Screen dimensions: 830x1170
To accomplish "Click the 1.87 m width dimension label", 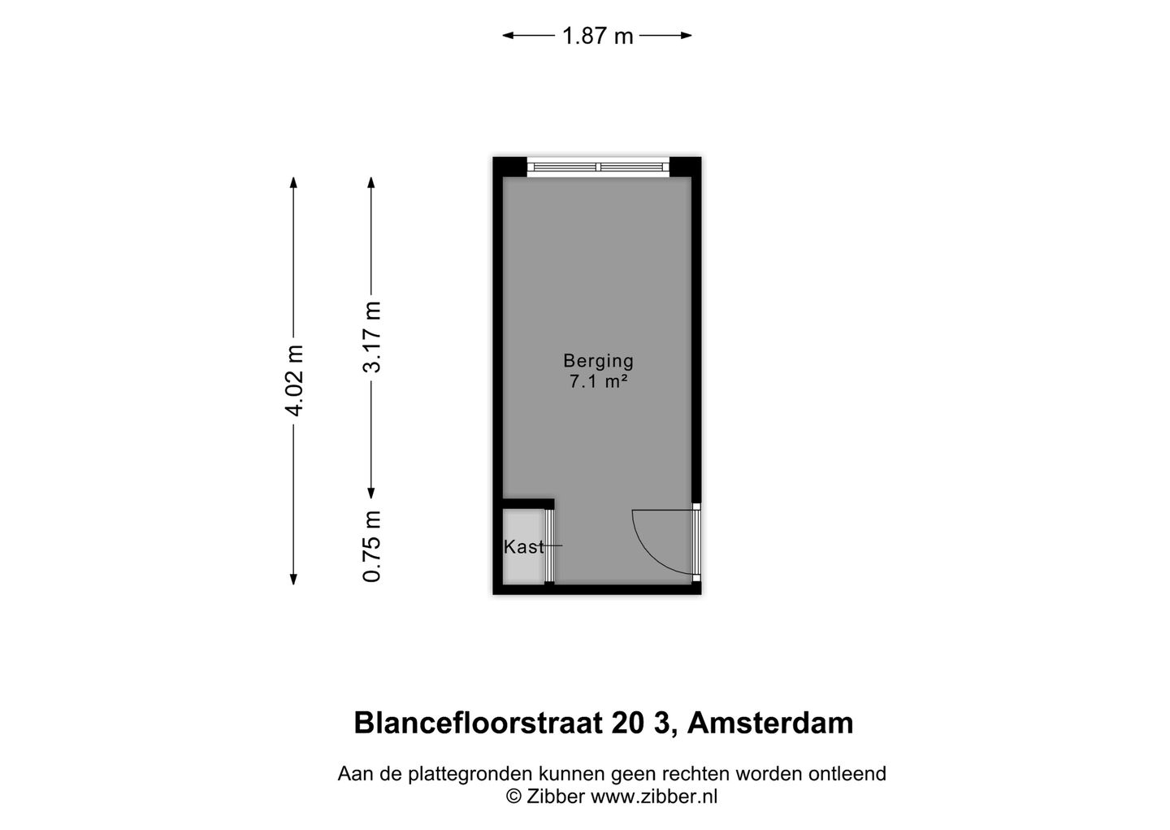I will (597, 36).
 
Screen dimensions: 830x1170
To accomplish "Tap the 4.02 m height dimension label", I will (294, 380).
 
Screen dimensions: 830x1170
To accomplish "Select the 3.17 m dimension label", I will (372, 337).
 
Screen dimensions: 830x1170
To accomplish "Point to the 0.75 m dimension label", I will (372, 546).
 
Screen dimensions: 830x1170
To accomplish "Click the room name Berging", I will (598, 361).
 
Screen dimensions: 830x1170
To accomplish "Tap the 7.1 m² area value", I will (598, 381).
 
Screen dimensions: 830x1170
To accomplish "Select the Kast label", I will (523, 547).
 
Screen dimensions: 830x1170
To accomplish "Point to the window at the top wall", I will (598, 167).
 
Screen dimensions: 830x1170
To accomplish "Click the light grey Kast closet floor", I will (522, 569).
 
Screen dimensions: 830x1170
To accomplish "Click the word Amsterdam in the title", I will (770, 723).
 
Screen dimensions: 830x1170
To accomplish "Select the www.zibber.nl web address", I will (653, 797).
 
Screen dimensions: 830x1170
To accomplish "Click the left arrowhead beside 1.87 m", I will (508, 35).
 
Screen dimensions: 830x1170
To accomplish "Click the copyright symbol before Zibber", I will (513, 797).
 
